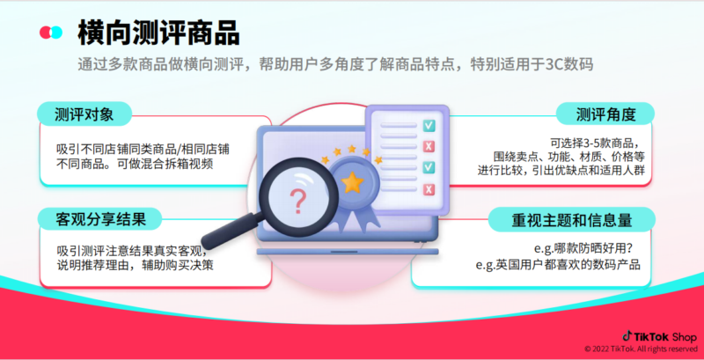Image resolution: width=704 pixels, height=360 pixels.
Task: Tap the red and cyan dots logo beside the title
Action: [51, 33]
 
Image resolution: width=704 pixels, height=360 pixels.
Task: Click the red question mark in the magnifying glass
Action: [298, 202]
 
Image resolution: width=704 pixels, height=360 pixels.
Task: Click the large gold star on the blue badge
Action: [353, 182]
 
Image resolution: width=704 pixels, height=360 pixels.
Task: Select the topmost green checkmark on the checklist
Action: [429, 126]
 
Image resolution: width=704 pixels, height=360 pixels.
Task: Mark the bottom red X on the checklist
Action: [429, 189]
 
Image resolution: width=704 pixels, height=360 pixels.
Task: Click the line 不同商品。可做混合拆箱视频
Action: [128, 163]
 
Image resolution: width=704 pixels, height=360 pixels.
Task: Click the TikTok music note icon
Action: [627, 335]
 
